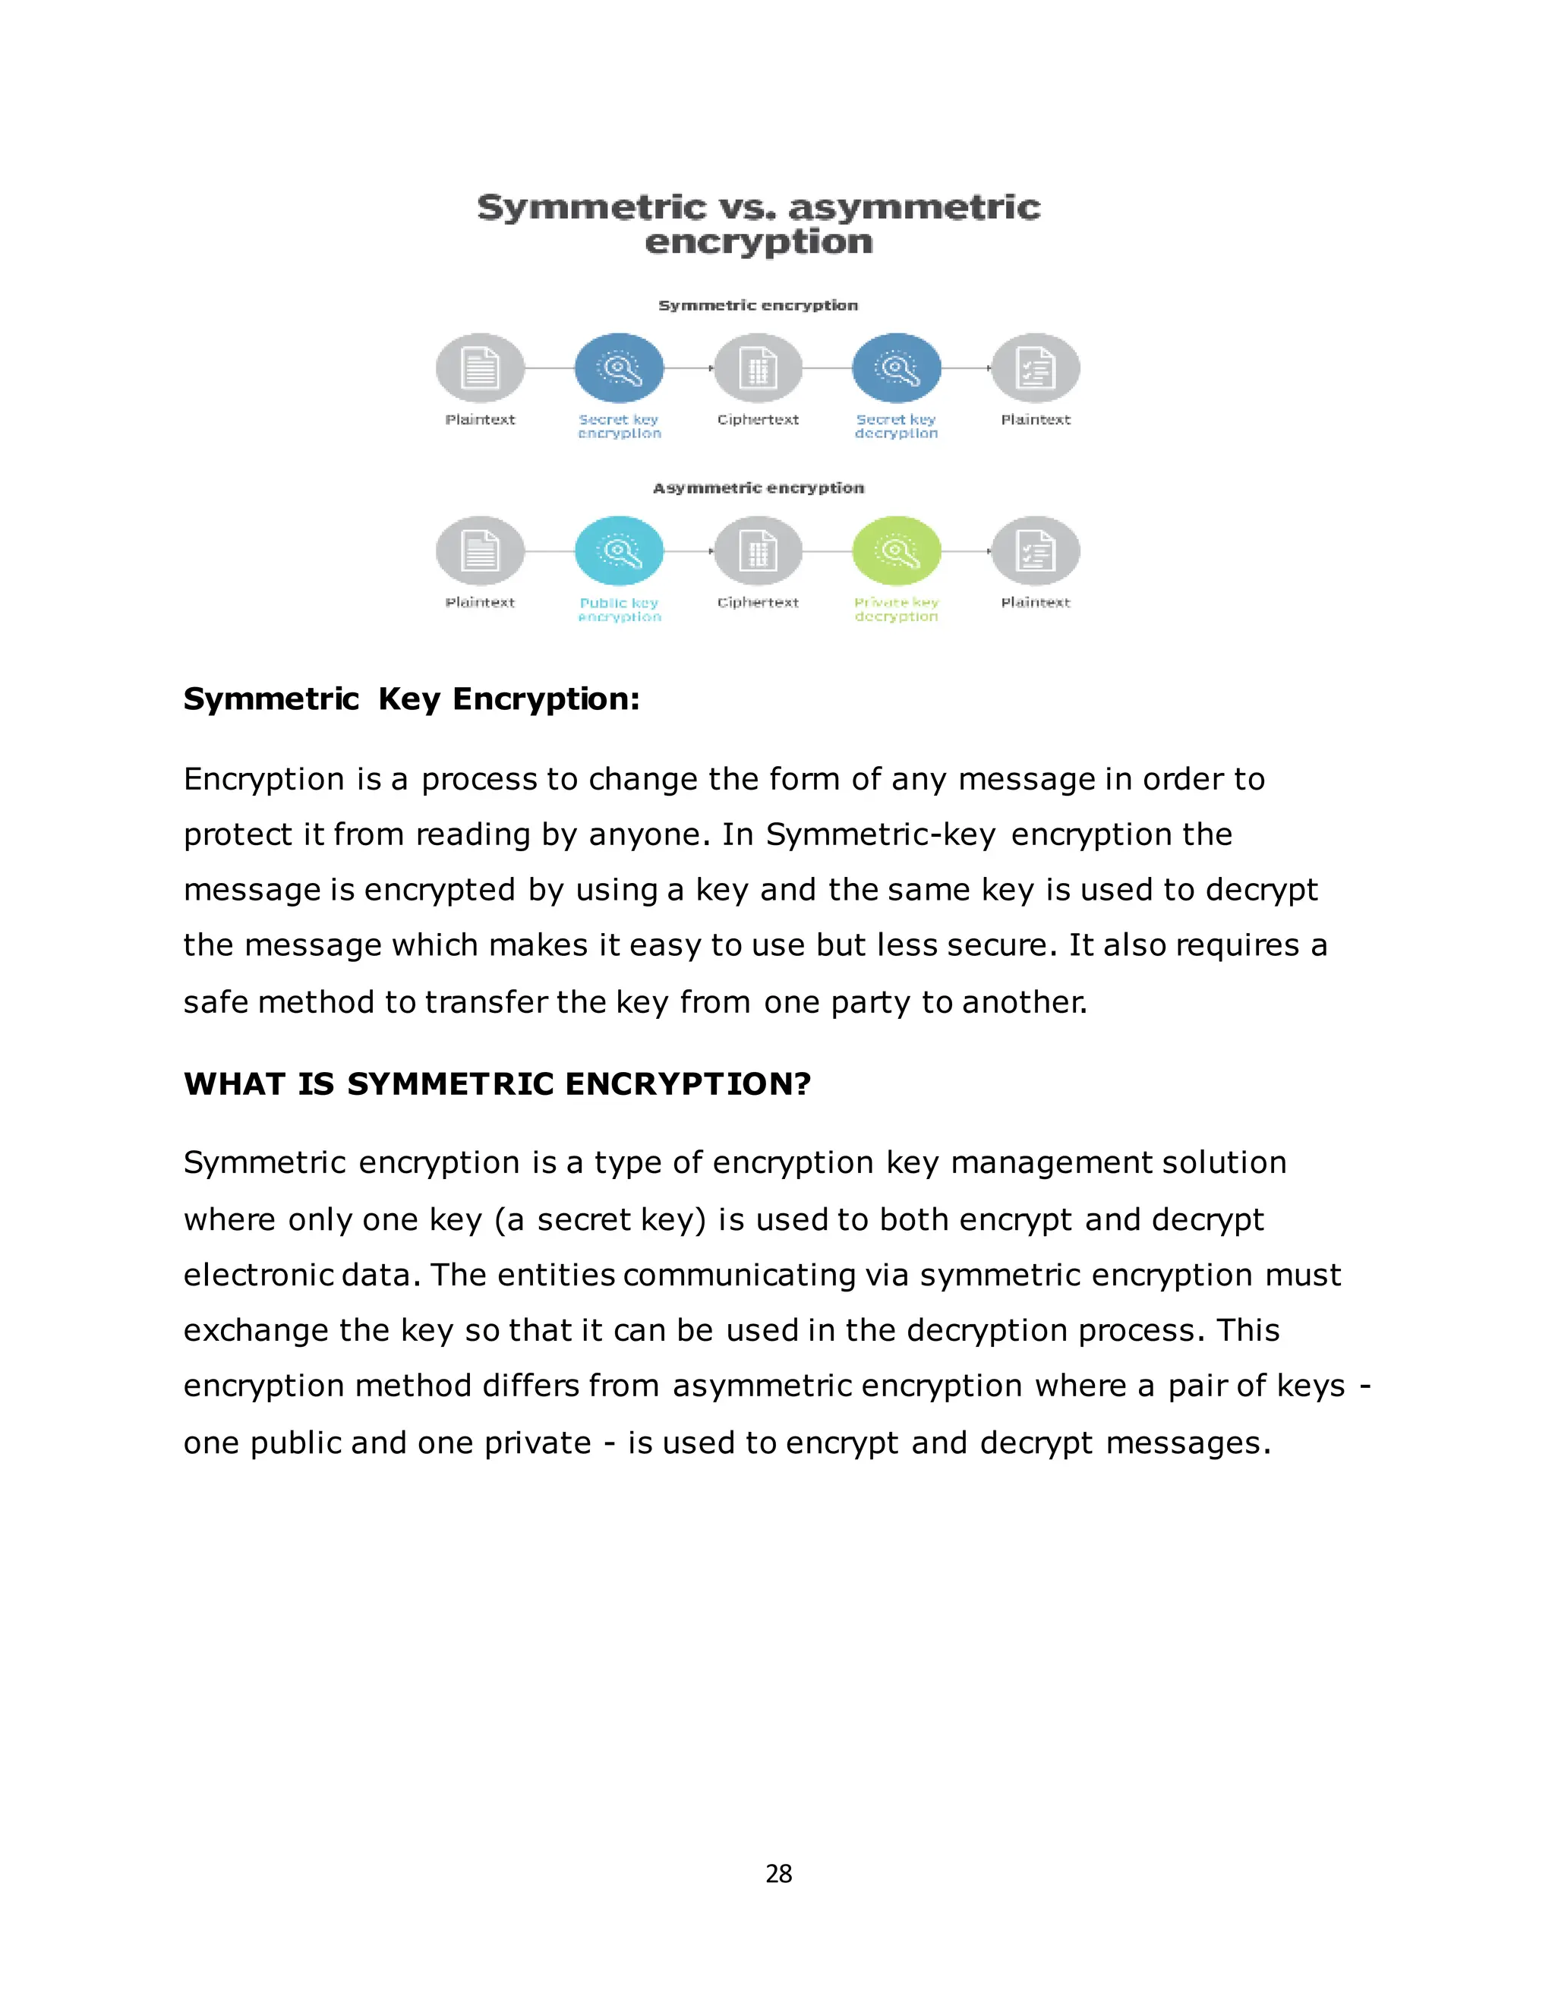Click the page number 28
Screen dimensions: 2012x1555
[778, 1873]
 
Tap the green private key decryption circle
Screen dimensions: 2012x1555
[897, 551]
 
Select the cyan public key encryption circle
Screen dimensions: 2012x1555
[619, 551]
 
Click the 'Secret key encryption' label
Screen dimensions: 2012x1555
[619, 426]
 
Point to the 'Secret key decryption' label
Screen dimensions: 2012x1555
[897, 426]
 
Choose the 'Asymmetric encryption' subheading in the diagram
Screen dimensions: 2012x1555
[759, 487]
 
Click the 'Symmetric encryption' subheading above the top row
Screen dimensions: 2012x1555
[759, 305]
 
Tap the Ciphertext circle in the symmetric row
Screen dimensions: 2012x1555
[759, 368]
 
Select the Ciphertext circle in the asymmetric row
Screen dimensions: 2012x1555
[759, 551]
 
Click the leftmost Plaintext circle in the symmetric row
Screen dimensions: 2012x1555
[480, 368]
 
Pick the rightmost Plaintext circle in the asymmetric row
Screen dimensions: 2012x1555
[1036, 551]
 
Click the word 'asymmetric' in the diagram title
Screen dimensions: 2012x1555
[914, 207]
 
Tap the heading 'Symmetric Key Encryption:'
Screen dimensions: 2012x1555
[411, 699]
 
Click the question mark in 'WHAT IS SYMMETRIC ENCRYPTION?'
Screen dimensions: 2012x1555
[803, 1083]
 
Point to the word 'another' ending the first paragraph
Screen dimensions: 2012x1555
[1024, 1001]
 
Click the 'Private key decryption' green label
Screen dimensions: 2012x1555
[897, 609]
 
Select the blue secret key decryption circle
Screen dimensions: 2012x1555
[897, 368]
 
